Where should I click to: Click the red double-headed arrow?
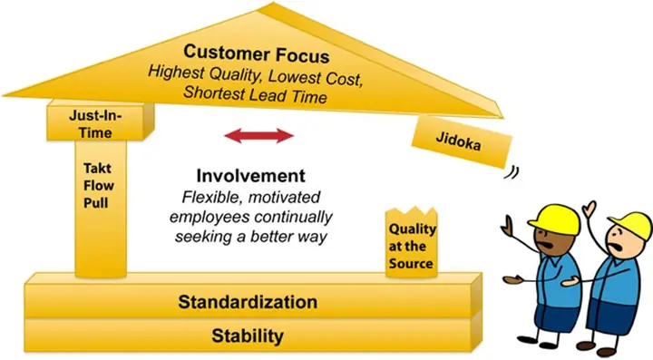click(x=259, y=136)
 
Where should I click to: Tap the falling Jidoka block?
click(x=462, y=141)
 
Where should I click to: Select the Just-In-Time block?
click(x=100, y=122)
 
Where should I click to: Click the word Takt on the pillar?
click(x=97, y=168)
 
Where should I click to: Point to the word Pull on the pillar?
click(x=96, y=203)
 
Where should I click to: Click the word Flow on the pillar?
click(x=99, y=185)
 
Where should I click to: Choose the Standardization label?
click(x=248, y=302)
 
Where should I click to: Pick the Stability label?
click(x=248, y=336)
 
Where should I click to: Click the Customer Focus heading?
click(x=256, y=54)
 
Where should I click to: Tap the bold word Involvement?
click(x=250, y=176)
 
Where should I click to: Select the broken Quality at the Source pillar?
click(x=412, y=242)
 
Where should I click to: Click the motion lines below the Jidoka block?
click(x=512, y=172)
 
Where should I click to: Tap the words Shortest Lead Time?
click(x=255, y=94)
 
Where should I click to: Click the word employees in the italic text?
click(x=210, y=218)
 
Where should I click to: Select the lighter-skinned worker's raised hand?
click(x=590, y=209)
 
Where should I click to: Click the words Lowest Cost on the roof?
click(x=316, y=78)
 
